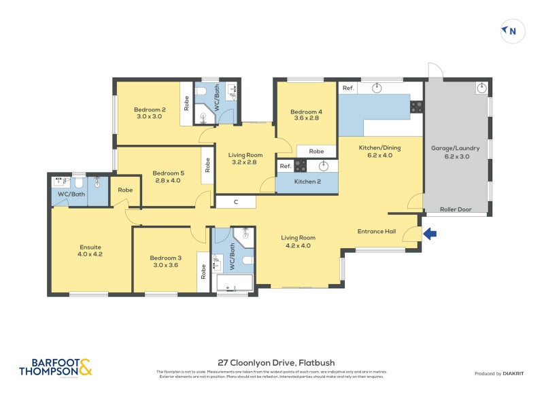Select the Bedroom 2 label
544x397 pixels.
150,113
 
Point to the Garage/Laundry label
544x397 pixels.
456,152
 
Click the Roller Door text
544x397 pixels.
456,209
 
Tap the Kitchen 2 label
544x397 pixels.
307,182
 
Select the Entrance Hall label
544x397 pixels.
377,232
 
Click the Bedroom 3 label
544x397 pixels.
166,261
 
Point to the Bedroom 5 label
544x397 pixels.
168,176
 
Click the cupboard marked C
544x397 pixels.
235,202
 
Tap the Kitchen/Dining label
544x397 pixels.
375,151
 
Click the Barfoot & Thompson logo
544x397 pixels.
56,368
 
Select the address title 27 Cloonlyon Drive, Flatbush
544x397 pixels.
276,363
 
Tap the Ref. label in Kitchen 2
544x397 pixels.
285,166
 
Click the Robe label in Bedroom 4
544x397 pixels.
316,151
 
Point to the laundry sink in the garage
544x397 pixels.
481,87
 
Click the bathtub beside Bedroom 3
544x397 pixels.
233,283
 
